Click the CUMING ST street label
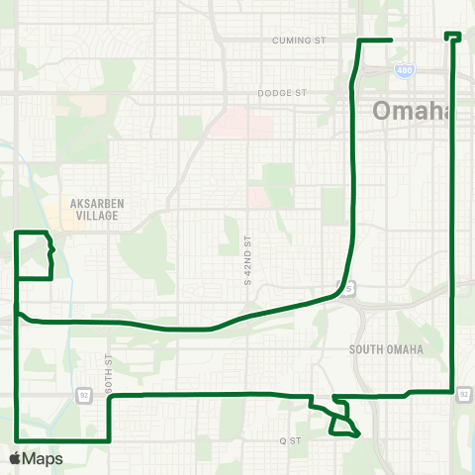click(298, 41)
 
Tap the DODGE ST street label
click(283, 92)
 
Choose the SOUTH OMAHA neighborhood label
click(386, 350)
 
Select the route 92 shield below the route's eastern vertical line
click(463, 396)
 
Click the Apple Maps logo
click(36, 458)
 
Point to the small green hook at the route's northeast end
click(454, 37)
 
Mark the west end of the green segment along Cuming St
click(358, 41)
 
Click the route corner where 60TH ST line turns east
click(109, 396)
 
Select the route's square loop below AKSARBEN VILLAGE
click(34, 255)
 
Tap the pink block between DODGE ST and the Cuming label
click(242, 123)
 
